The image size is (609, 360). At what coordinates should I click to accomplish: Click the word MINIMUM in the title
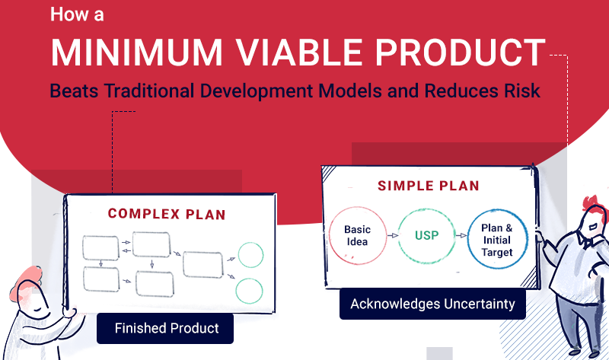pyautogui.click(x=136, y=53)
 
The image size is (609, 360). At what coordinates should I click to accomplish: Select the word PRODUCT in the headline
pyautogui.click(x=461, y=53)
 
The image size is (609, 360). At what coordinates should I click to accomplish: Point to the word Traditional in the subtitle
pyautogui.click(x=148, y=91)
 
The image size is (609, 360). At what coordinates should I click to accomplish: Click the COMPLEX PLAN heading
pyautogui.click(x=167, y=214)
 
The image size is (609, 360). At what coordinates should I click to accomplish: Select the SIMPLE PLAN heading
pyautogui.click(x=429, y=186)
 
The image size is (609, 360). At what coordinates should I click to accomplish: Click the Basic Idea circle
pyautogui.click(x=357, y=235)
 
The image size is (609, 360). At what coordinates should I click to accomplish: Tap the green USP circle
pyautogui.click(x=426, y=235)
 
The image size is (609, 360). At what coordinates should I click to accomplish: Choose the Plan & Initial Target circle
pyautogui.click(x=497, y=239)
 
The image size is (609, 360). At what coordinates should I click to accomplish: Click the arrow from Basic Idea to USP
pyautogui.click(x=393, y=235)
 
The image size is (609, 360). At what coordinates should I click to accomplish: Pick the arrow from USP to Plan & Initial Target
pyautogui.click(x=461, y=235)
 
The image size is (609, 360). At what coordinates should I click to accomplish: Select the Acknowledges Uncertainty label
pyautogui.click(x=432, y=304)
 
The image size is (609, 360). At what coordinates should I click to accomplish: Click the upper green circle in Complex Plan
pyautogui.click(x=250, y=255)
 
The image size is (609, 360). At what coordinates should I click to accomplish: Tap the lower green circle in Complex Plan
pyautogui.click(x=249, y=291)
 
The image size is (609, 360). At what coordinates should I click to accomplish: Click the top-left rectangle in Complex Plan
pyautogui.click(x=100, y=247)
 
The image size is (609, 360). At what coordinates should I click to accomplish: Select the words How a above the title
pyautogui.click(x=77, y=14)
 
